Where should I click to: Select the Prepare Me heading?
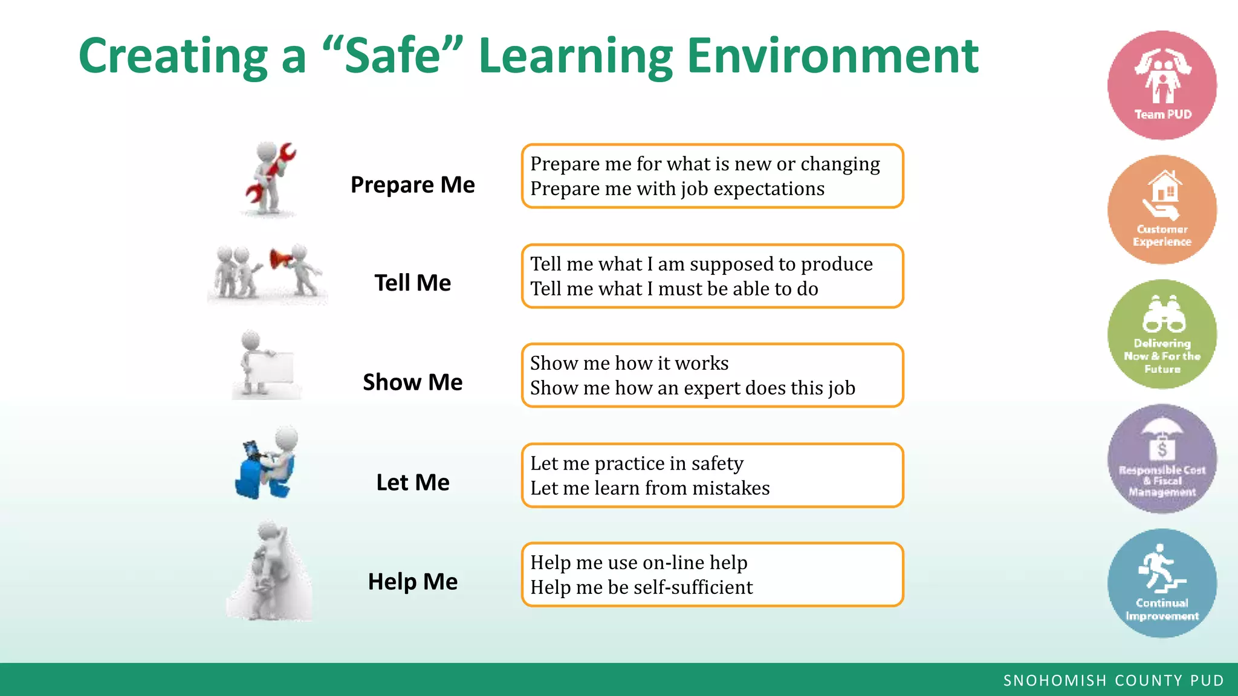pos(413,185)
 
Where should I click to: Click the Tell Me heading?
pos(413,283)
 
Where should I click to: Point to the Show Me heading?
pos(413,382)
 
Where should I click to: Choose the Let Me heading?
pos(413,483)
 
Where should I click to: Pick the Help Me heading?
pos(413,582)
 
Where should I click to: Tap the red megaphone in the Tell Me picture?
pos(280,260)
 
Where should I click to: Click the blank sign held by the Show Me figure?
pos(272,367)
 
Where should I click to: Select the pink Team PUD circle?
pos(1162,85)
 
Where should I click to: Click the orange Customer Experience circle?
pos(1162,210)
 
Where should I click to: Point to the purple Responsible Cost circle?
pos(1162,459)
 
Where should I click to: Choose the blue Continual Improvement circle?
pos(1162,583)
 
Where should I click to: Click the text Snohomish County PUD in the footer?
pos(1113,681)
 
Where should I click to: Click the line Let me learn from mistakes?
pos(650,488)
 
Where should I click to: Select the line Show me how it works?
pos(629,363)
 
